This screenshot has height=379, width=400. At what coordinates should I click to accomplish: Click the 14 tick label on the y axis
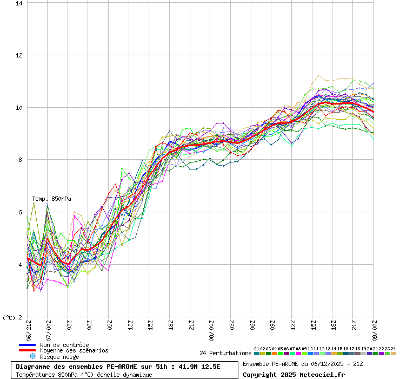19,3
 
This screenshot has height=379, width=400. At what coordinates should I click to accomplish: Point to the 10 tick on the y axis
19,108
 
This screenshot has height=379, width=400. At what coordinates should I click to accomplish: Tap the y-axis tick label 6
20,212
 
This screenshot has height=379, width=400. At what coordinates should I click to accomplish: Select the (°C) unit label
9,317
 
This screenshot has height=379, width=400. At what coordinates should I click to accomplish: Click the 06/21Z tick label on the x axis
28,329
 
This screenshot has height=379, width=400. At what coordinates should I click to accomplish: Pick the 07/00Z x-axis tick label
48,329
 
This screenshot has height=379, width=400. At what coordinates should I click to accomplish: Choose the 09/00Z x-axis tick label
375,329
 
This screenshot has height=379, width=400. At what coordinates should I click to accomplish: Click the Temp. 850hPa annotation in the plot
51,199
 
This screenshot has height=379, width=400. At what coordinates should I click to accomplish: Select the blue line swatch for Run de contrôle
27,345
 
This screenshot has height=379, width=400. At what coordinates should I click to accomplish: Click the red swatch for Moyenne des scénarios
27,350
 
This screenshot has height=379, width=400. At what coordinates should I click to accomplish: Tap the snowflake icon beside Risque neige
32,356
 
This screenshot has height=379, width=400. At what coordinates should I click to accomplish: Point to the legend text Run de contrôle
64,345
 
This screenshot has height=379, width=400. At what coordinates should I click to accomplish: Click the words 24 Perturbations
225,353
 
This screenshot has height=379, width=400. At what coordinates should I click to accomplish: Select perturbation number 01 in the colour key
257,353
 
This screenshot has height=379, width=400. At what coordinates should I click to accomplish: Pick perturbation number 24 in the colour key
394,353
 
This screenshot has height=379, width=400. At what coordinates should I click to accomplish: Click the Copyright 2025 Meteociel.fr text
294,374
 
